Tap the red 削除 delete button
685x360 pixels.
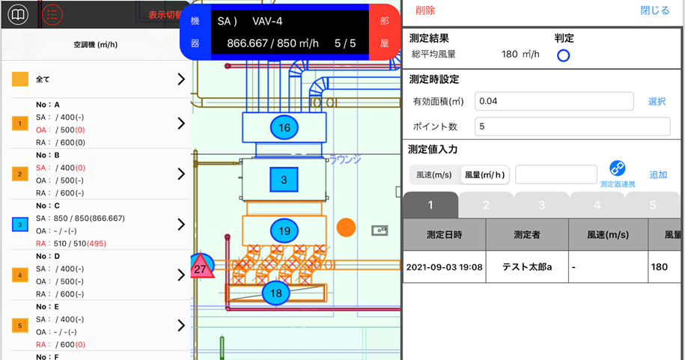click(x=424, y=10)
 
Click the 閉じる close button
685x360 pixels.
click(x=655, y=10)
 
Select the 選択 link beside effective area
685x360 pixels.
click(x=657, y=101)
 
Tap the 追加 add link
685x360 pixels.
click(x=658, y=174)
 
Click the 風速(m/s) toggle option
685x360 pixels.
click(x=434, y=174)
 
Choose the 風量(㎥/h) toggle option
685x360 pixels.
click(x=484, y=174)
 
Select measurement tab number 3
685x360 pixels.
click(x=541, y=205)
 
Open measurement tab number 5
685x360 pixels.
click(x=652, y=205)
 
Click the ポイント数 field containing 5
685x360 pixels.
click(x=573, y=126)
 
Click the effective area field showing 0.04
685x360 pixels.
click(x=554, y=101)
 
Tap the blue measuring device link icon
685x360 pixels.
click(x=618, y=168)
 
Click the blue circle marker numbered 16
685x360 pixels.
click(x=284, y=128)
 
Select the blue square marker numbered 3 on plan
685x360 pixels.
click(x=284, y=180)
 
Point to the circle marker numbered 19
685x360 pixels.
click(x=284, y=231)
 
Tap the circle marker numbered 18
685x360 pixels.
click(x=275, y=293)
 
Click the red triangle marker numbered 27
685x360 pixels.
click(x=201, y=267)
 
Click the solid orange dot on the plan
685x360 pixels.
click(x=345, y=227)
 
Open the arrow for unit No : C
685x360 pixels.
click(x=180, y=225)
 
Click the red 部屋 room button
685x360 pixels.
click(x=384, y=31)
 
